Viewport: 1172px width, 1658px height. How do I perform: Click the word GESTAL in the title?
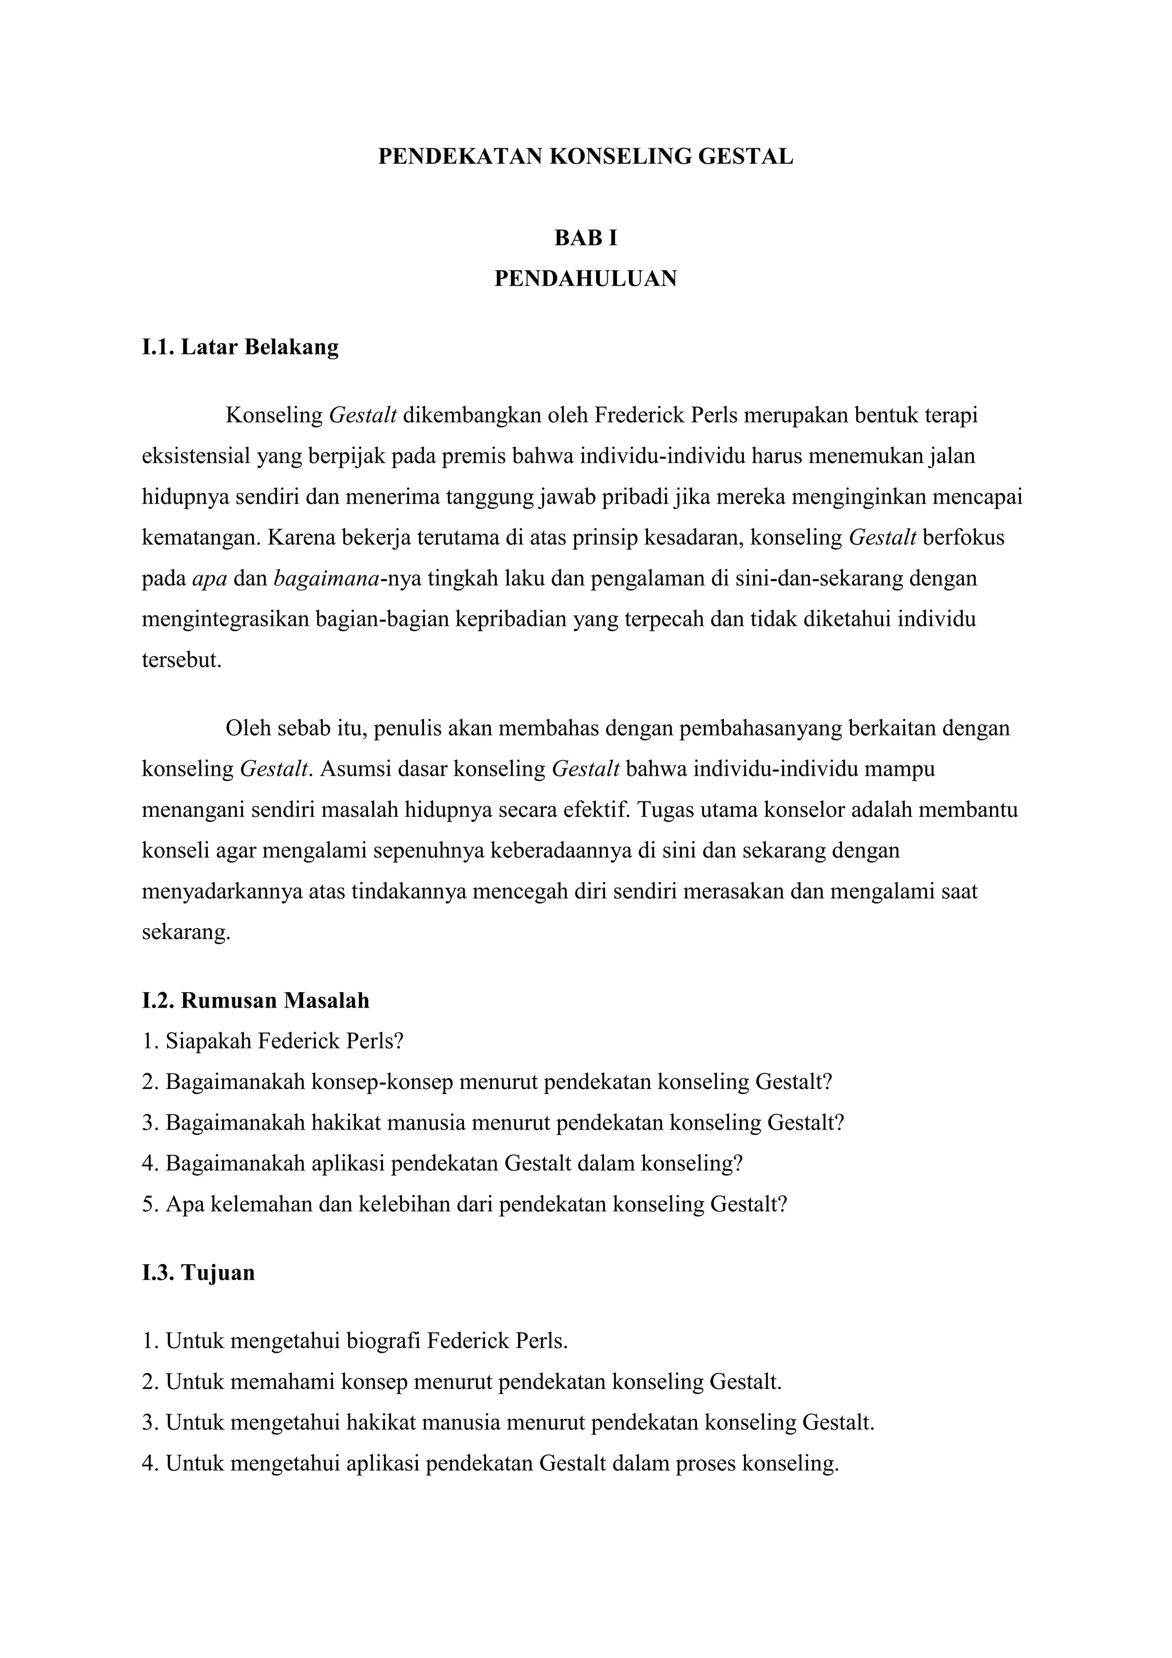(746, 157)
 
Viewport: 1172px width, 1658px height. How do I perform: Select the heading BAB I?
(585, 238)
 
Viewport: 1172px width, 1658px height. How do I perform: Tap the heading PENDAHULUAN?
(585, 279)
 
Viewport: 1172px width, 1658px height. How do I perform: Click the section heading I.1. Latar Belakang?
(240, 348)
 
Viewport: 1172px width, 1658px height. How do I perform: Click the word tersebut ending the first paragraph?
(181, 660)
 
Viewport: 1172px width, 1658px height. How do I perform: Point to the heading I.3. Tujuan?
(199, 1272)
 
